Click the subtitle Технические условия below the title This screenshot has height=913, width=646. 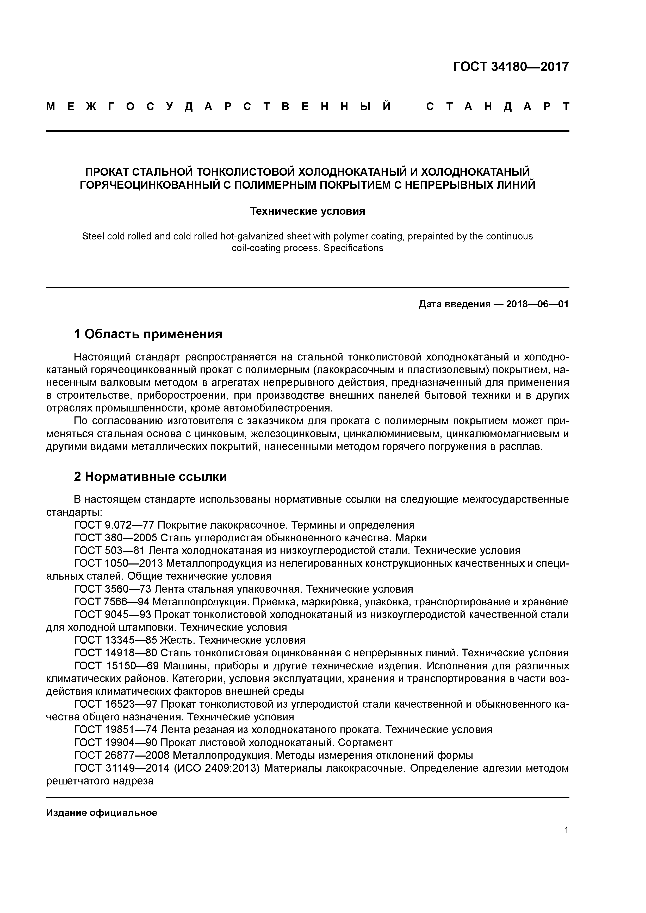307,211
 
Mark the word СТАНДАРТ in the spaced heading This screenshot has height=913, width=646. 498,106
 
